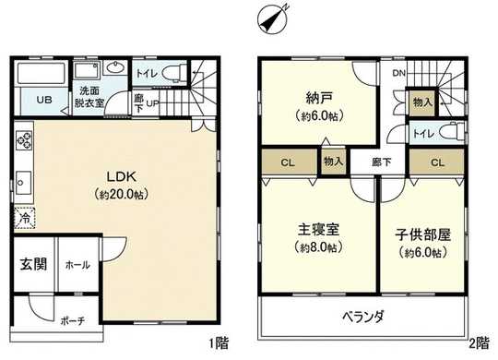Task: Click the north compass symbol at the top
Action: coord(272,18)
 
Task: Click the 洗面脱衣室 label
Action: coord(89,97)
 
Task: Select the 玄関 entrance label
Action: coord(33,263)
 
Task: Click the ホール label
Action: coord(77,265)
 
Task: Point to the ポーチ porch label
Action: coord(73,320)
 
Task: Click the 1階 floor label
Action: coord(219,343)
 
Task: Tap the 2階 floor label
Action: coord(478,343)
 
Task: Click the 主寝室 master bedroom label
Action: coord(319,233)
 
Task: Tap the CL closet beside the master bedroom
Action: coord(287,162)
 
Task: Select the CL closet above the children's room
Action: coord(437,162)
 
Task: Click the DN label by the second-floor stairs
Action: coord(398,73)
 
